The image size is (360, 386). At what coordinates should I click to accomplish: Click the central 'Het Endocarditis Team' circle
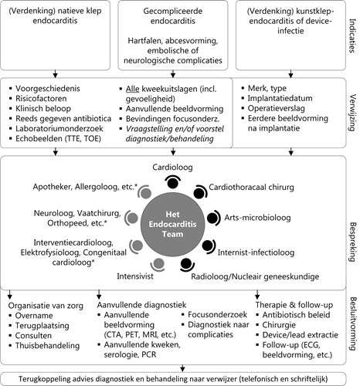(172, 225)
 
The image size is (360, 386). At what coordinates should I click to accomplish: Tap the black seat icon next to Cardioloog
(172, 182)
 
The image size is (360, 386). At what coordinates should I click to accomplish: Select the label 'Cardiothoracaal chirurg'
(251, 187)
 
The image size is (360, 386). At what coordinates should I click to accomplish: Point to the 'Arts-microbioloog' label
(257, 218)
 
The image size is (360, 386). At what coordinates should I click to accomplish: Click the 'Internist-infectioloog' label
(256, 252)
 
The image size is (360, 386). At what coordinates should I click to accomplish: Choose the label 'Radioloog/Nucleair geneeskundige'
(255, 276)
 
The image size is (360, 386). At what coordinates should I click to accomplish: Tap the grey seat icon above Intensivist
(158, 264)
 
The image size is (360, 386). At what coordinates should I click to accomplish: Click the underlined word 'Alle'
(132, 89)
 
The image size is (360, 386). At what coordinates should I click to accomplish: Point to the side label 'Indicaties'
(352, 36)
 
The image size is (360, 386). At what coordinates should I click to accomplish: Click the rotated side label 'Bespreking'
(352, 242)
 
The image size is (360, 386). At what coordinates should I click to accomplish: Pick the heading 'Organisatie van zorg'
(46, 306)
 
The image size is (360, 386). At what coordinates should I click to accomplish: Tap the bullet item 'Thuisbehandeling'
(47, 346)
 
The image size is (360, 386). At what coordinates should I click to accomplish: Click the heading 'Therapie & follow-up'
(294, 305)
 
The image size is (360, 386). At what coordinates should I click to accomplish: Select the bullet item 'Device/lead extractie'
(301, 335)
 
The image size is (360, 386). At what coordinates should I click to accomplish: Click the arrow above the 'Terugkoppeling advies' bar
(182, 368)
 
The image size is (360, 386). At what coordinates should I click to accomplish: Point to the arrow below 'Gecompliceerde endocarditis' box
(173, 74)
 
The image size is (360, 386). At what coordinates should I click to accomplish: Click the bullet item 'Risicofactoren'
(41, 99)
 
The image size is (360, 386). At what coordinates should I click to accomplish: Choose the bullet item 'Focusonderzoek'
(218, 315)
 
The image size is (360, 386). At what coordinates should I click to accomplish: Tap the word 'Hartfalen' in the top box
(145, 41)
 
